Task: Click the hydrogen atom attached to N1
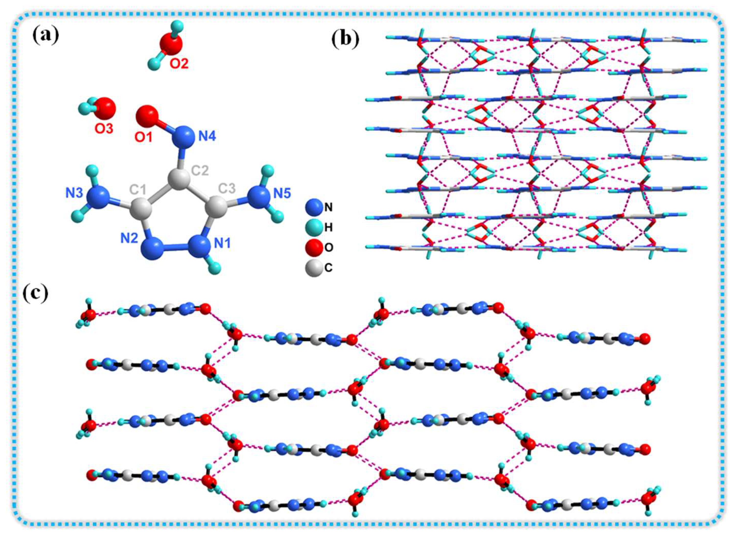pyautogui.click(x=215, y=268)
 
